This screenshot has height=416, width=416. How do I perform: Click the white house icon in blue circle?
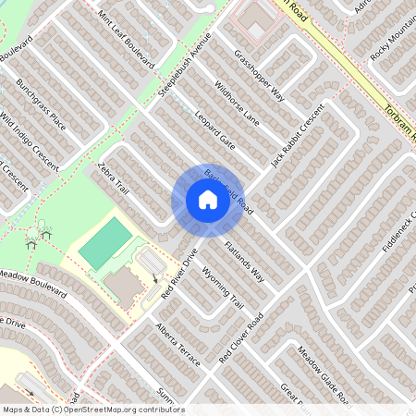207,200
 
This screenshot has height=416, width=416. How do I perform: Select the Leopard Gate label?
215,130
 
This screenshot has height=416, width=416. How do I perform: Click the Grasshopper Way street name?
260,77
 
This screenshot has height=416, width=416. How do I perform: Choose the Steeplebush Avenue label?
185,64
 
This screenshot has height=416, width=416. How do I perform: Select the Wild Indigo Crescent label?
30,145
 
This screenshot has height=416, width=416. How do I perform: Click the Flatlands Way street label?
245,263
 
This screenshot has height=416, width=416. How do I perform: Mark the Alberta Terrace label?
178,345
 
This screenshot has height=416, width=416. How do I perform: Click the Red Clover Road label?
241,337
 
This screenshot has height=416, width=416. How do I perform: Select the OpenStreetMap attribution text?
92,409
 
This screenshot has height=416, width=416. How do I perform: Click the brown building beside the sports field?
123,288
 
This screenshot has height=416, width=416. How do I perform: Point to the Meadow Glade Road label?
322,374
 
